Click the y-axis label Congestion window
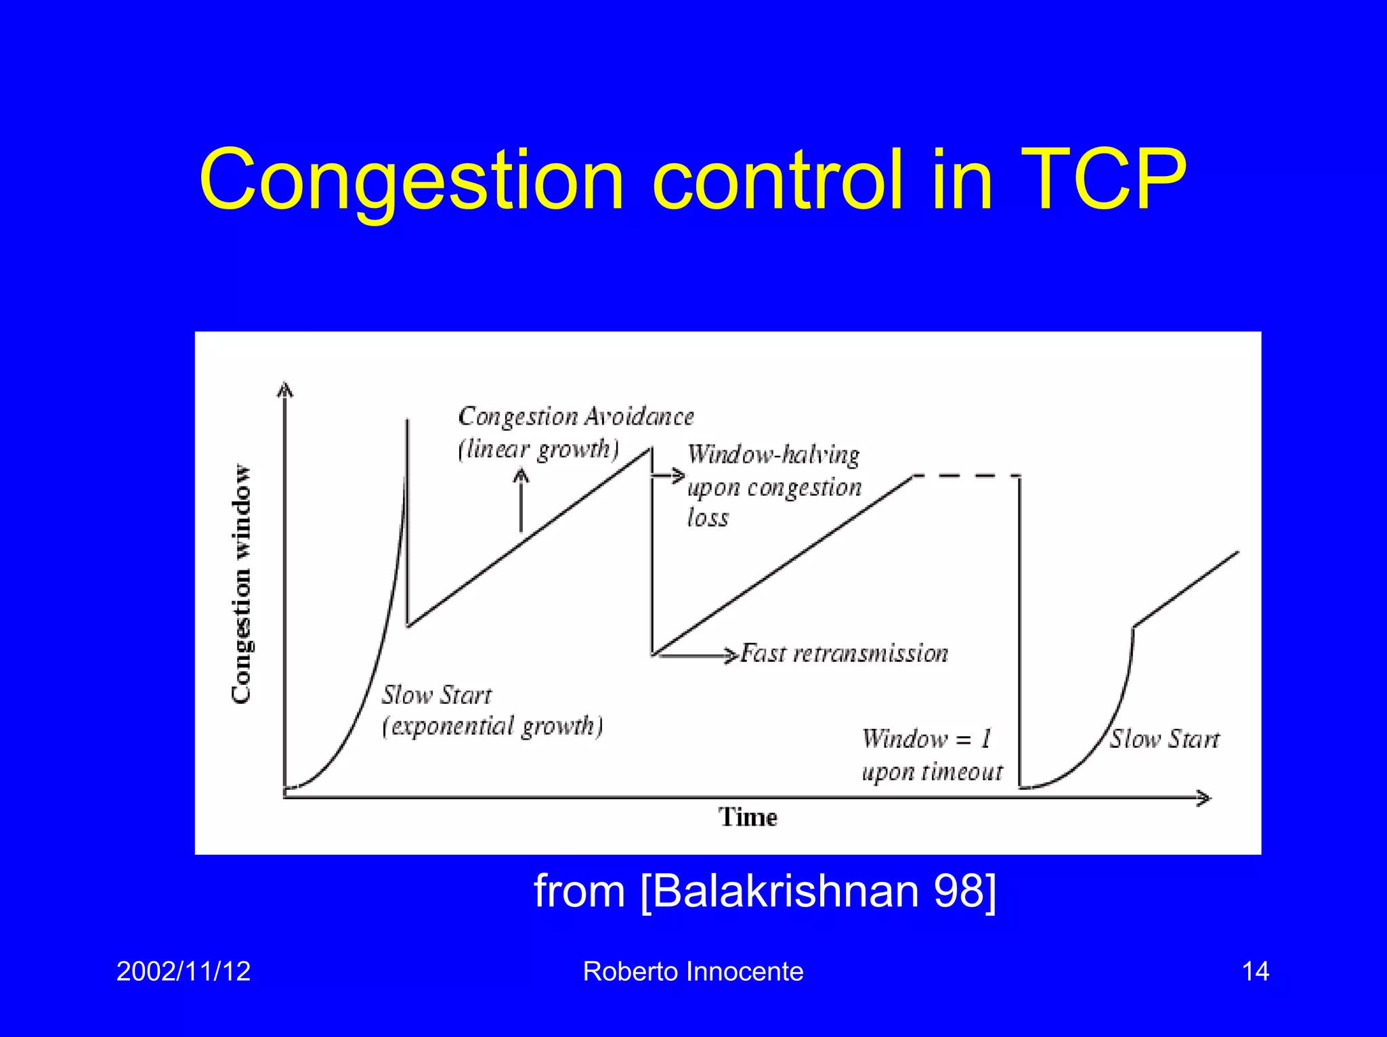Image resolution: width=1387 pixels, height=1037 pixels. pyautogui.click(x=241, y=584)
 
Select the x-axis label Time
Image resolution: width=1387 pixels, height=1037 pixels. pyautogui.click(x=748, y=818)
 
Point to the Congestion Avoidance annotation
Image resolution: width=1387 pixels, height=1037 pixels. pyautogui.click(x=576, y=417)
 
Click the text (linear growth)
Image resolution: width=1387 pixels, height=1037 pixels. pyautogui.click(x=538, y=449)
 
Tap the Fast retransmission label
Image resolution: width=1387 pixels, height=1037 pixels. pyautogui.click(x=844, y=654)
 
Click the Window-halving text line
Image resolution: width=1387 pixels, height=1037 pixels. pyautogui.click(x=773, y=454)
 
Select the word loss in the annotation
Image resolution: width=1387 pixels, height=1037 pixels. pyautogui.click(x=708, y=518)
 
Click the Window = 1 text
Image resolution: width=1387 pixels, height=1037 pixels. pyautogui.click(x=926, y=738)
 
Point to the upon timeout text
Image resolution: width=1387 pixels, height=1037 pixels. pyautogui.click(x=932, y=772)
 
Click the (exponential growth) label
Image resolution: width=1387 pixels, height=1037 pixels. pyautogui.click(x=492, y=726)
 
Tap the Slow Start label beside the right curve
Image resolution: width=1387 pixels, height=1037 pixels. pyautogui.click(x=1164, y=739)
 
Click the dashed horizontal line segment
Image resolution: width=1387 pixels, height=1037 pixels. pyautogui.click(x=966, y=476)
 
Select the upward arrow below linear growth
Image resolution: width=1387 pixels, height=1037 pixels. pyautogui.click(x=521, y=501)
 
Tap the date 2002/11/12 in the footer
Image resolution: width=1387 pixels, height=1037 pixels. pyautogui.click(x=184, y=971)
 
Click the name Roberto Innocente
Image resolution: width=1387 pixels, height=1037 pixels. pyautogui.click(x=693, y=971)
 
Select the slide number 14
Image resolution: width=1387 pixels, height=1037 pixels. pyautogui.click(x=1255, y=971)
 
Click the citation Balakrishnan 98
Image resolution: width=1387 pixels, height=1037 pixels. pyautogui.click(x=765, y=890)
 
